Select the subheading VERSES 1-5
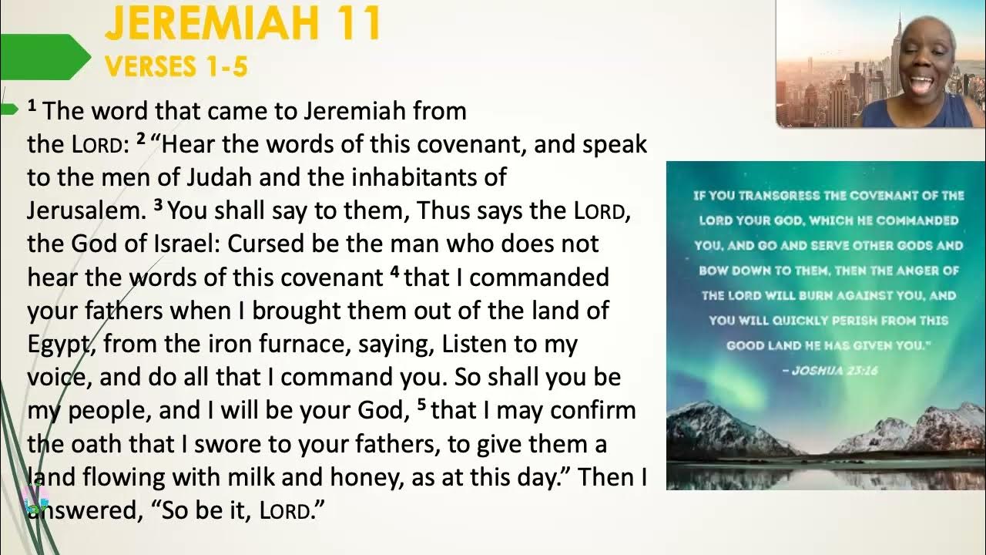(176, 66)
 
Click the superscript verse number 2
(141, 139)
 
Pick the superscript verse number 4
(394, 271)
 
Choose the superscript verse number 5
(421, 404)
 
